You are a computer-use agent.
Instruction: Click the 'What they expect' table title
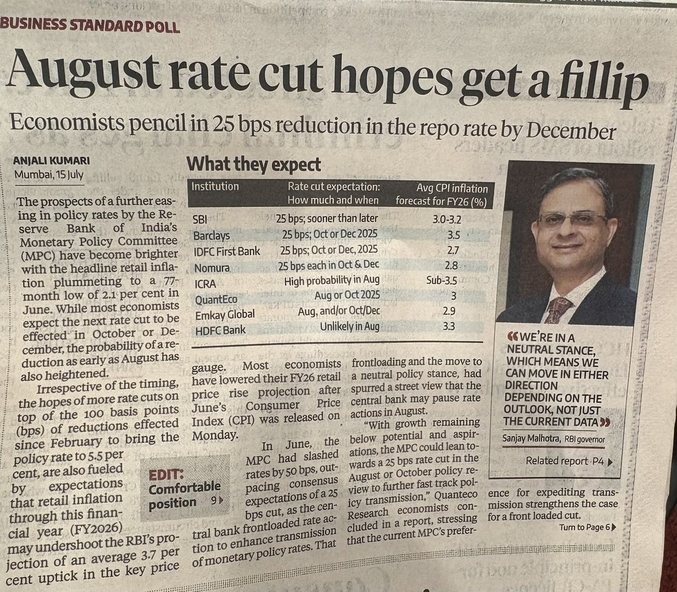point(253,165)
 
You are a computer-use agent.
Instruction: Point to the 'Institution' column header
point(215,186)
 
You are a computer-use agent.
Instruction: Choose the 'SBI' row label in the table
point(200,218)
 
